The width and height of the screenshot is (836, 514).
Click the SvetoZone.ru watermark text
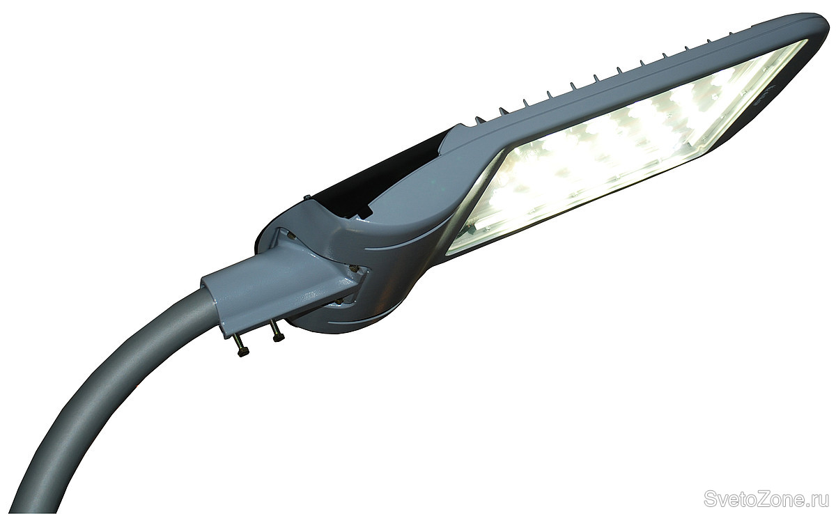click(765, 499)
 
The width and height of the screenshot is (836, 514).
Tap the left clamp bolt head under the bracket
click(243, 352)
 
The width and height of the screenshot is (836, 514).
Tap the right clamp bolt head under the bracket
click(279, 338)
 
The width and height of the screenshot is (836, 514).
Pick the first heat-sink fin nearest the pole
click(479, 120)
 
